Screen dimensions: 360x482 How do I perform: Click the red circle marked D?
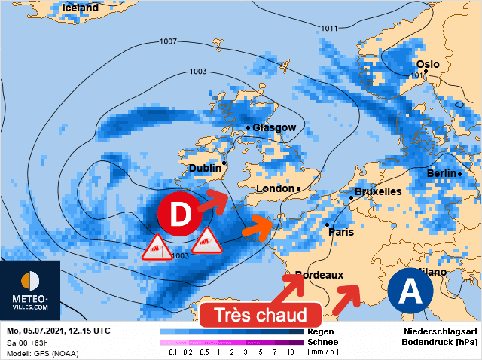point(179,215)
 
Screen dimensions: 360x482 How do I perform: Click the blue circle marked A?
point(410,290)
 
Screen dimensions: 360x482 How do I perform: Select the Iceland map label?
point(81,8)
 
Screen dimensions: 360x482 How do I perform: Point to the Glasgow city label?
point(274,127)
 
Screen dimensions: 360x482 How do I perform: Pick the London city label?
point(276,188)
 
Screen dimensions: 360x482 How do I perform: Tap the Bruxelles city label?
point(377,191)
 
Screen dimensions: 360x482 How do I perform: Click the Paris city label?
point(341,232)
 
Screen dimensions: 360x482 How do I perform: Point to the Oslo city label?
point(428,64)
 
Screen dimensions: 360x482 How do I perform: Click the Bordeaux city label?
point(319,276)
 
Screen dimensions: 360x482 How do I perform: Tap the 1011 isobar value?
point(329,29)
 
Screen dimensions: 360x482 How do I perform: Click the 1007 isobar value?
point(169,41)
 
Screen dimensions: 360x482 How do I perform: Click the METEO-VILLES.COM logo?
point(30,290)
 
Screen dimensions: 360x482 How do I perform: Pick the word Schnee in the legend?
point(323,341)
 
